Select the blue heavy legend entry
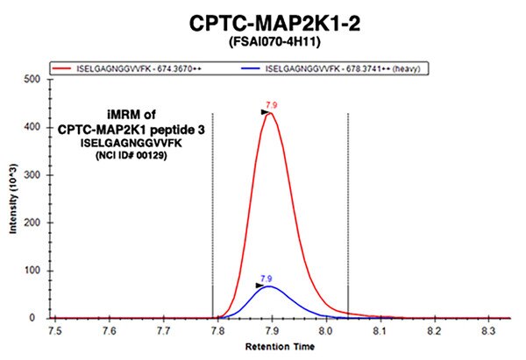tap(338, 67)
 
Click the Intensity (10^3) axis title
tap(11, 198)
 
